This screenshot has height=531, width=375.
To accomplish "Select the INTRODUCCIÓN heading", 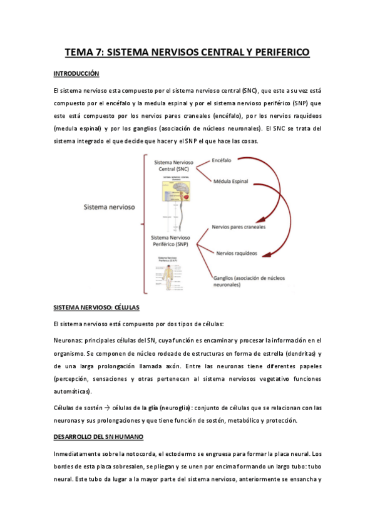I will coord(77,73).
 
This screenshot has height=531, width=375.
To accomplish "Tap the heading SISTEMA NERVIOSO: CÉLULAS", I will coord(97,308).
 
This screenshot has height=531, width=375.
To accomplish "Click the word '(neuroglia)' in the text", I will coord(180,408).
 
